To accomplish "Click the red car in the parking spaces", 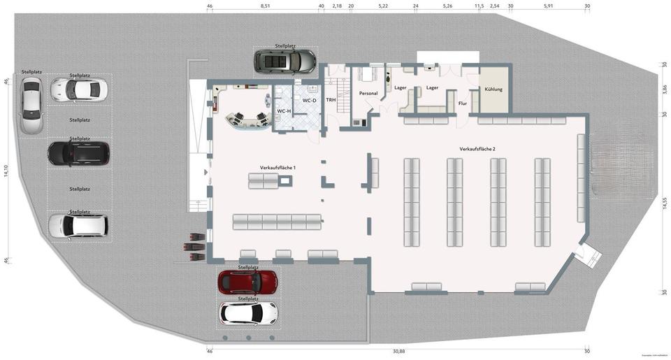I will pyautogui.click(x=247, y=282).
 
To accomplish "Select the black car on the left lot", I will pyautogui.click(x=78, y=153).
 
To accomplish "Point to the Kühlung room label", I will pyautogui.click(x=493, y=89).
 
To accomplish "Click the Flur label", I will pyautogui.click(x=462, y=103).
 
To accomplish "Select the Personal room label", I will pyautogui.click(x=368, y=93).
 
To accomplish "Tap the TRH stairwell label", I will pyautogui.click(x=331, y=100).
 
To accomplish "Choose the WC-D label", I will pyautogui.click(x=310, y=100).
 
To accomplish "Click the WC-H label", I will pyautogui.click(x=284, y=111).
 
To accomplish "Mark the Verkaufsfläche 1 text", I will pyautogui.click(x=278, y=168).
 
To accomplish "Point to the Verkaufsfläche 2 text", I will pyautogui.click(x=477, y=150).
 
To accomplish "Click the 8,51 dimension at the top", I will pyautogui.click(x=266, y=6).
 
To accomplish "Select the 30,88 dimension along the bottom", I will pyautogui.click(x=399, y=351).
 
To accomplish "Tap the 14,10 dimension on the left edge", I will pyautogui.click(x=6, y=171).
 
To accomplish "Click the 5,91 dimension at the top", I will pyautogui.click(x=549, y=6).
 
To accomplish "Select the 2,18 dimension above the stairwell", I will pyautogui.click(x=337, y=6).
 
